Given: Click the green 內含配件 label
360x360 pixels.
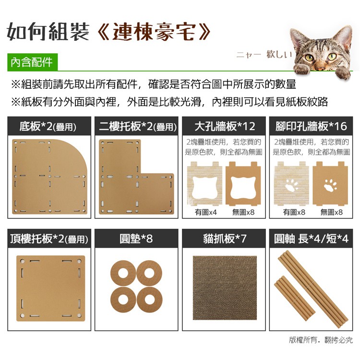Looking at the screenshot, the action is pyautogui.click(x=32, y=62).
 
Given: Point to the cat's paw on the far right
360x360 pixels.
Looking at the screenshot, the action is pyautogui.click(x=343, y=72).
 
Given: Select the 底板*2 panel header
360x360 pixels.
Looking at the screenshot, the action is pyautogui.click(x=49, y=126).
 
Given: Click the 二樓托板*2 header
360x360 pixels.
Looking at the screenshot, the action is pyautogui.click(x=136, y=126).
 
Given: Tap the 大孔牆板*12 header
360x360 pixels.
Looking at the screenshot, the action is pyautogui.click(x=224, y=126).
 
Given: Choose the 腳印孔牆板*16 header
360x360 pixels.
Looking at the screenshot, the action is pyautogui.click(x=311, y=126).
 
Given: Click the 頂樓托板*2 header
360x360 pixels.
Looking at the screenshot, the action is pyautogui.click(x=49, y=238).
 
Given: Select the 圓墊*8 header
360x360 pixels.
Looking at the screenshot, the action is pyautogui.click(x=136, y=238).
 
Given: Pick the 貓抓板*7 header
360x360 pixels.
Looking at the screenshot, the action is pyautogui.click(x=224, y=238).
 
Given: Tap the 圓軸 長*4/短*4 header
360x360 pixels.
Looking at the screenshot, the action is pyautogui.click(x=311, y=238).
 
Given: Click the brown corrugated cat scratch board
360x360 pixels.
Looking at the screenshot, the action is pyautogui.click(x=225, y=288).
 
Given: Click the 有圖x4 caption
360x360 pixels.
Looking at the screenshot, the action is pyautogui.click(x=205, y=212).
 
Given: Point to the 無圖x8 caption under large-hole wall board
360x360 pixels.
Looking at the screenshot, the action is pyautogui.click(x=243, y=212).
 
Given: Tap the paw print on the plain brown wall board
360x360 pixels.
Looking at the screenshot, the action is pyautogui.click(x=330, y=185).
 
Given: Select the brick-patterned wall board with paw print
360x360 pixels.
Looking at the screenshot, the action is pyautogui.click(x=291, y=183).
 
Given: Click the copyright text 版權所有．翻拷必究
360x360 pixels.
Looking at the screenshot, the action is pyautogui.click(x=321, y=340).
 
